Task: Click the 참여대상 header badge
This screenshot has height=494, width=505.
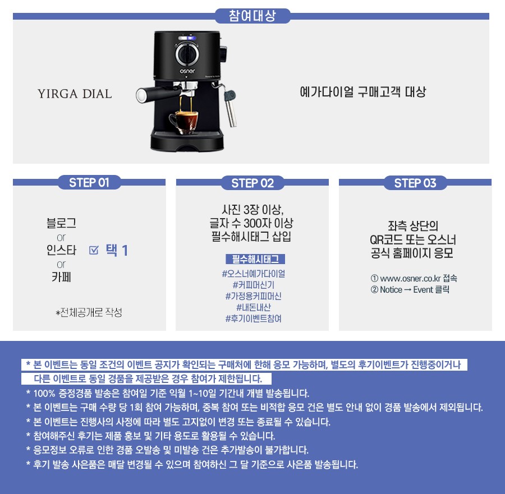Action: tap(252, 16)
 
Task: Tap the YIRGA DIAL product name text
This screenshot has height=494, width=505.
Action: tap(75, 94)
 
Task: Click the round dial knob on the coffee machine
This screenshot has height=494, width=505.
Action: tap(187, 54)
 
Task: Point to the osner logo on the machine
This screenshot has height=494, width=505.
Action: tap(187, 71)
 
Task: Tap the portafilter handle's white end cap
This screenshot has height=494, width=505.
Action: tap(141, 95)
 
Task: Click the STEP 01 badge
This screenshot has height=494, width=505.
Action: tap(89, 182)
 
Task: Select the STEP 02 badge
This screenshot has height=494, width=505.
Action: tap(252, 183)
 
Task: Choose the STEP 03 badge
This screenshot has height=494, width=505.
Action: tap(415, 183)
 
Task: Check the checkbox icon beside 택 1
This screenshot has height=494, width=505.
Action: tap(93, 250)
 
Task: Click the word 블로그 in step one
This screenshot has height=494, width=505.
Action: tap(61, 223)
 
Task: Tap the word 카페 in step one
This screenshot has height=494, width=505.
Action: tap(61, 277)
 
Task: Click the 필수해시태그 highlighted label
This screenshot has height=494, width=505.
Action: tap(255, 259)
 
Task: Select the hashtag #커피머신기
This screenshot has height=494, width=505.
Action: tap(254, 285)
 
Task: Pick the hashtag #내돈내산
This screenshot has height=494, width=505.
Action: tap(254, 307)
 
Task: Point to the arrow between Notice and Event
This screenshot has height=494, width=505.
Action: tap(408, 290)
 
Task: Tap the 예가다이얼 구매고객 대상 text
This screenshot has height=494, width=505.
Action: tap(363, 92)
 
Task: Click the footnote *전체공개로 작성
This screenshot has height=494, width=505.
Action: tap(89, 312)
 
